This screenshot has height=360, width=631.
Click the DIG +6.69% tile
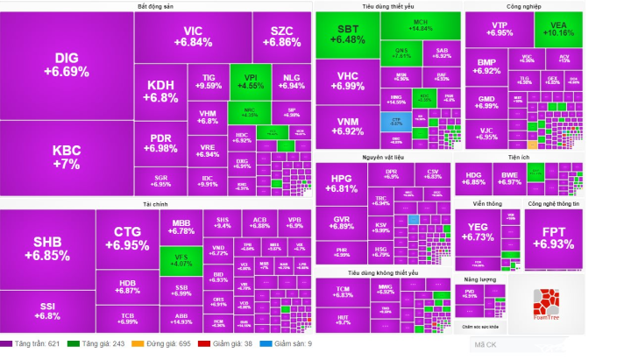tap(67, 65)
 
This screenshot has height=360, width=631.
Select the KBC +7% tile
tap(67, 156)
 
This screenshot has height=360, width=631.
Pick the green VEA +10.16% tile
tap(558, 29)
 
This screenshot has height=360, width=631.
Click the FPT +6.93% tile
tap(553, 236)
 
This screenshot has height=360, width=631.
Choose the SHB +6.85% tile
tap(46, 249)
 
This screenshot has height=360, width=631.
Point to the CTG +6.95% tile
tap(126, 238)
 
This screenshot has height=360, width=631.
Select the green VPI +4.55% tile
tap(250, 81)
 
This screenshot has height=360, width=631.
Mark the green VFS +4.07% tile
tap(181, 260)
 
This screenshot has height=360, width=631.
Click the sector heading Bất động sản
tap(156, 6)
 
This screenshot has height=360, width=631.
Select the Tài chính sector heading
tap(156, 203)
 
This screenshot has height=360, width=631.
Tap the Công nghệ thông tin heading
tap(553, 203)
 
